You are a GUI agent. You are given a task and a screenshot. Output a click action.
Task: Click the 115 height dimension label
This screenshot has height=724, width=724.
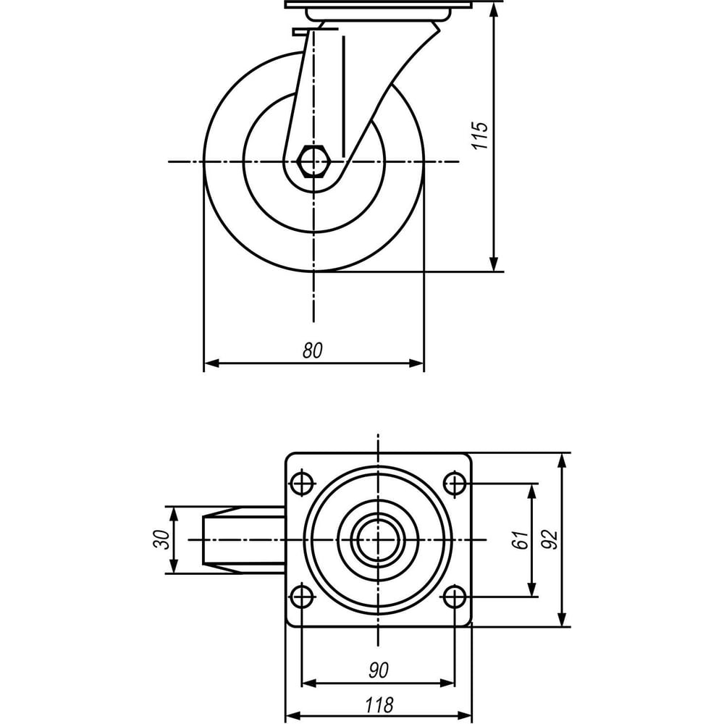coord(480,135)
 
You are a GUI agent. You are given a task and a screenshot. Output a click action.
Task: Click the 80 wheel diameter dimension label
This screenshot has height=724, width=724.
coord(313,350)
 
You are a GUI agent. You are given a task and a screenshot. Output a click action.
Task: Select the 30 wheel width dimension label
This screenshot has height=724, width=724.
coord(161,539)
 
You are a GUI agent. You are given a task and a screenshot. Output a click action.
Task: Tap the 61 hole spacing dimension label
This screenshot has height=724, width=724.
coord(521,540)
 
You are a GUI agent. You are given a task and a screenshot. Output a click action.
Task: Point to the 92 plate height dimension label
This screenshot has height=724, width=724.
coord(550,539)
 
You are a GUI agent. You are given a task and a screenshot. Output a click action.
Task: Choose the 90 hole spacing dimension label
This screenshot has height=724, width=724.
coord(379,670)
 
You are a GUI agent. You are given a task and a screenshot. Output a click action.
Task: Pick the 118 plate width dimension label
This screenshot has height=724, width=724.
coord(379,705)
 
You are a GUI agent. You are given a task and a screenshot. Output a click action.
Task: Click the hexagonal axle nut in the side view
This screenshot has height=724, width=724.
coord(313,161)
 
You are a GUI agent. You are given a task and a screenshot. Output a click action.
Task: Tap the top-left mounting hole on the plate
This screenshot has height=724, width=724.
coord(303,484)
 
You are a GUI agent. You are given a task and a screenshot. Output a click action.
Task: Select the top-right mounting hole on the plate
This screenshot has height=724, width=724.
coord(455,484)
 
